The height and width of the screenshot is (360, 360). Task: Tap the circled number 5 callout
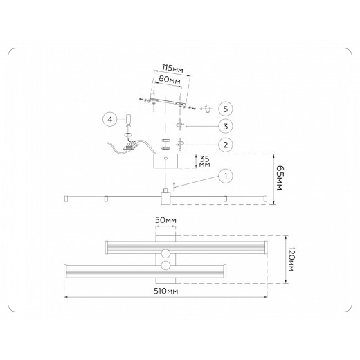pos(224,109)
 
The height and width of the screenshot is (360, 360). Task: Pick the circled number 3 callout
pos(224,126)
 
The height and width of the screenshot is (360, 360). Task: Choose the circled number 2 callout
pos(224,145)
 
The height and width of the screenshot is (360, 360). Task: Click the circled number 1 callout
pos(224,177)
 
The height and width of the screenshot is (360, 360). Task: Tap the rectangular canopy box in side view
pos(166,162)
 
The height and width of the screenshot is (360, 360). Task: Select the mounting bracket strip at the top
pos(166,101)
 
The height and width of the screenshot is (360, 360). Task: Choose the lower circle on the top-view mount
pos(166,266)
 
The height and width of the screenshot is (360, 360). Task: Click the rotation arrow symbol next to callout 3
pos(180,125)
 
